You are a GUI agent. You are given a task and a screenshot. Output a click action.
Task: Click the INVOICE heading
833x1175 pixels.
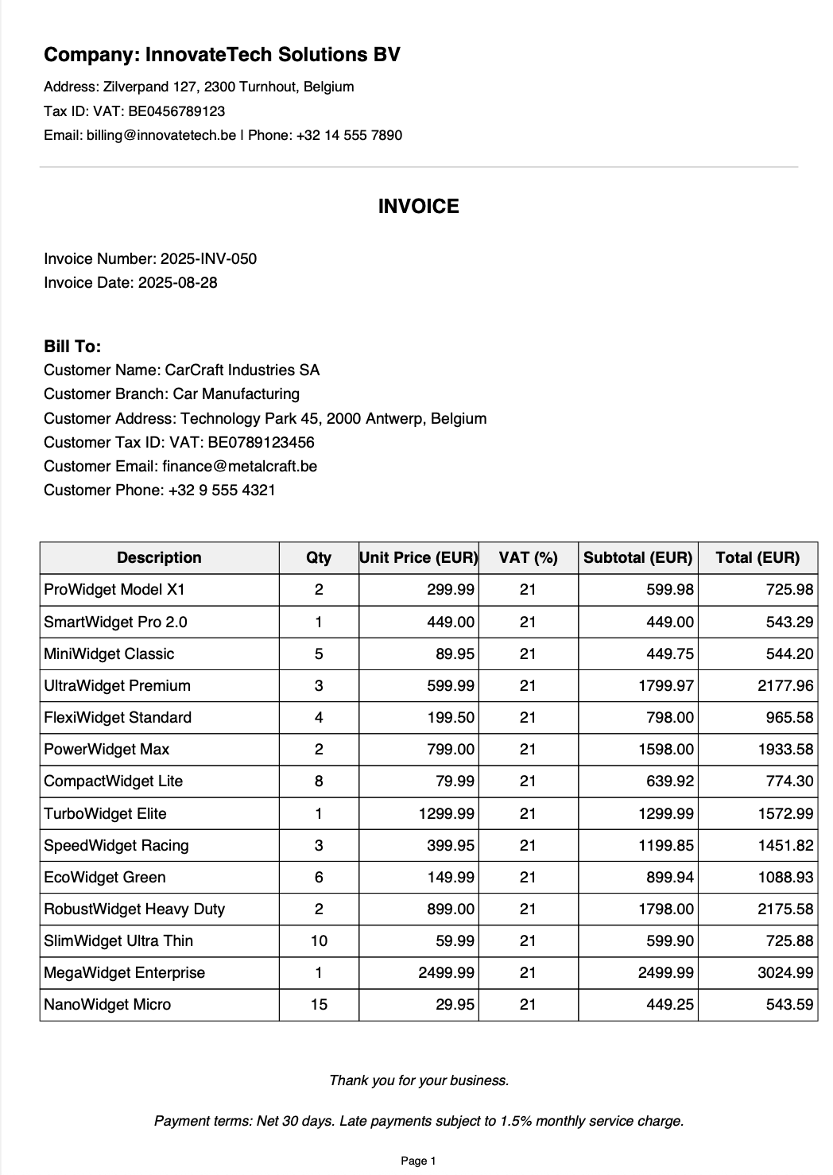[x=418, y=207]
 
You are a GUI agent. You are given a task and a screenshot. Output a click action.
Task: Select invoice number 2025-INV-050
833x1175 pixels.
[x=208, y=258]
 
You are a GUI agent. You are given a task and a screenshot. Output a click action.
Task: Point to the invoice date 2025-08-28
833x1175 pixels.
[x=177, y=282]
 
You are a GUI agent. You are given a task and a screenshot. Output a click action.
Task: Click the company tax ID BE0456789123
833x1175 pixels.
[x=176, y=111]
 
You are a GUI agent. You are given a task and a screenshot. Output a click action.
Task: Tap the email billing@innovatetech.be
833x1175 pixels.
[x=161, y=135]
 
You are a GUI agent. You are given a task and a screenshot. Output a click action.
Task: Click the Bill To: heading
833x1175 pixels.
[x=72, y=347]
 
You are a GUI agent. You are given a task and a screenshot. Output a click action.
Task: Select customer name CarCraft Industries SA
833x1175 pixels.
[x=242, y=370]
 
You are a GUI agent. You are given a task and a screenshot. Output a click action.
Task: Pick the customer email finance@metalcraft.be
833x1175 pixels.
[x=239, y=466]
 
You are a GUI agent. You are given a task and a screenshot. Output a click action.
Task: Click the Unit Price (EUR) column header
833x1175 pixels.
[x=418, y=557]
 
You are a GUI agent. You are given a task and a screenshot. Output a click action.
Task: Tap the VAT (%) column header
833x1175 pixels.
[x=528, y=557]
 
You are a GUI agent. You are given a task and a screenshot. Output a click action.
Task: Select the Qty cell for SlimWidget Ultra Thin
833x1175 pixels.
[x=319, y=940]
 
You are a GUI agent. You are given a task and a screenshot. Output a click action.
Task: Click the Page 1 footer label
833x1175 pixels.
[x=418, y=1161]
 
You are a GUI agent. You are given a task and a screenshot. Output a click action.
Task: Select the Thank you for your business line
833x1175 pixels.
[x=419, y=1080]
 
